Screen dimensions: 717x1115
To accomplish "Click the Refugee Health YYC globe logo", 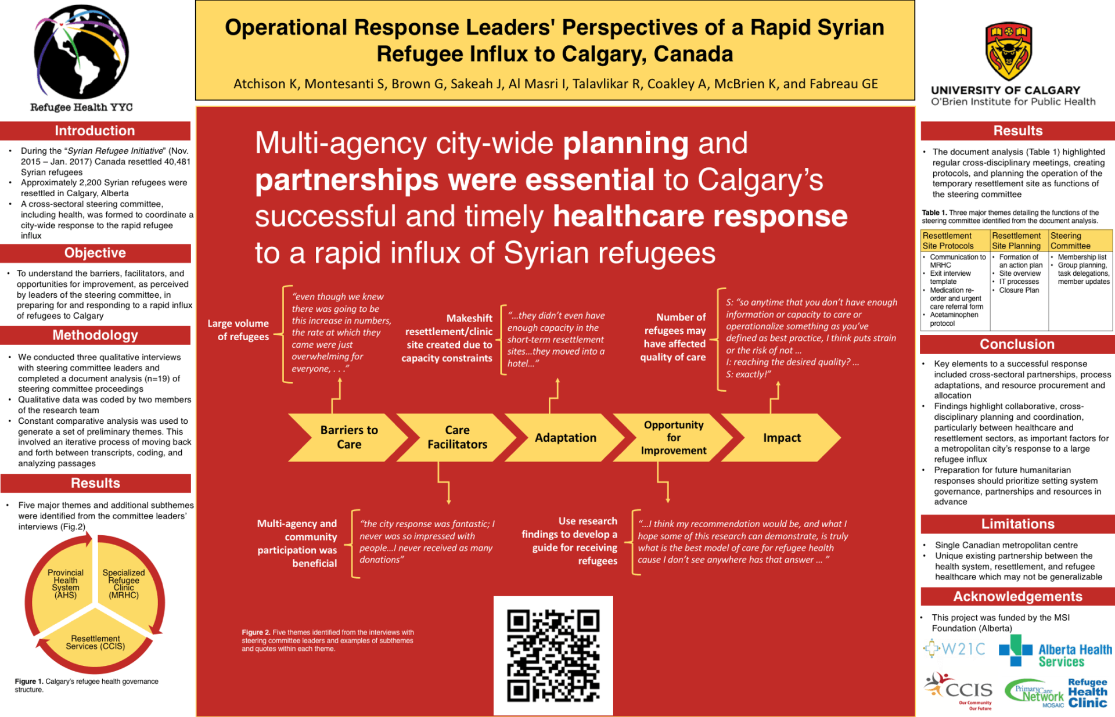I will point(81,52).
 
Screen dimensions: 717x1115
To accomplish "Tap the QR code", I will point(553,655).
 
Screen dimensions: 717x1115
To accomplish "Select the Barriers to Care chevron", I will point(348,438).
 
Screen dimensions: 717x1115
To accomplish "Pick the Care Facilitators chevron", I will point(457,438).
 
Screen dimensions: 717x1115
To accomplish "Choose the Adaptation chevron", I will point(565,438).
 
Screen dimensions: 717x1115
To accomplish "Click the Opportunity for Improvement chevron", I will point(673,438).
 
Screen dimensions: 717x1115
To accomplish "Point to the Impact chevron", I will point(782,438).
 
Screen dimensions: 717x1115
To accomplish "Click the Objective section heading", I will point(95,253).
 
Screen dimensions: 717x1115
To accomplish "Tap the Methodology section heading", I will point(95,335).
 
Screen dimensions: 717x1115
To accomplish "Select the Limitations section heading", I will point(1017,524).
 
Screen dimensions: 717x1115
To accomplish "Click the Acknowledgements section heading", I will point(1017,596).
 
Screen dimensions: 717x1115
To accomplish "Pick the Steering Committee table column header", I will point(1080,240).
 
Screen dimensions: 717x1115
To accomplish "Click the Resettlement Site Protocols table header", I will point(955,240).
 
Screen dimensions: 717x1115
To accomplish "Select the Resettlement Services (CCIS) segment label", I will point(95,642).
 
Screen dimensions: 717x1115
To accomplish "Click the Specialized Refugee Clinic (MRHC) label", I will point(124,583).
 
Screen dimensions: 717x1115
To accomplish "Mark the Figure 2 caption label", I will point(256,632).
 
